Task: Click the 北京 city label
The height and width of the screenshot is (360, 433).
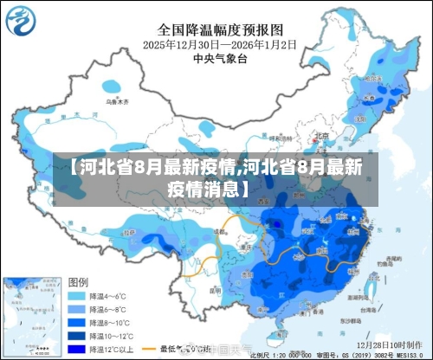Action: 322,135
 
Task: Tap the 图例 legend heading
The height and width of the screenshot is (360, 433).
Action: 78,283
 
